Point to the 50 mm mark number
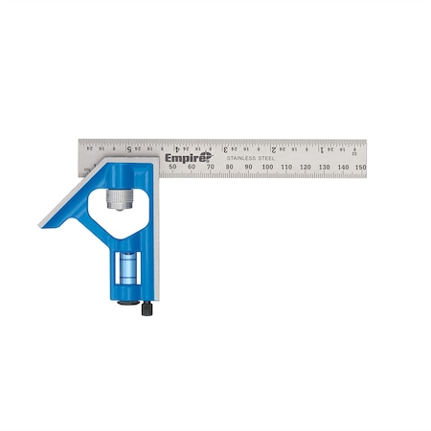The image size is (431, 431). [x=172, y=168]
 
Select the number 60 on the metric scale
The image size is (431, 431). [x=192, y=168]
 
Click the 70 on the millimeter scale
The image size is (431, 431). [x=211, y=168]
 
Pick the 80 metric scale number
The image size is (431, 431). [x=230, y=168]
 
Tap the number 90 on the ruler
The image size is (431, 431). [x=248, y=168]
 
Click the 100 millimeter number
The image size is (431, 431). [x=267, y=168]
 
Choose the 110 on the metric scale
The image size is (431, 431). [x=285, y=168]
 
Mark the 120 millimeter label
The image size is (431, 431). [x=305, y=168]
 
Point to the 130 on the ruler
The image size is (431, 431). [x=323, y=168]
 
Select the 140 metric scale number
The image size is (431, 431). [x=342, y=168]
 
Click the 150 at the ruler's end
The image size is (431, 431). [x=360, y=168]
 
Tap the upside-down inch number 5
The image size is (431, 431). [x=129, y=149]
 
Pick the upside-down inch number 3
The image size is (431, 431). [x=225, y=149]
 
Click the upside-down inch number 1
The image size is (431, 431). [x=321, y=149]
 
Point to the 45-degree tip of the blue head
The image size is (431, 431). [x=42, y=223]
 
